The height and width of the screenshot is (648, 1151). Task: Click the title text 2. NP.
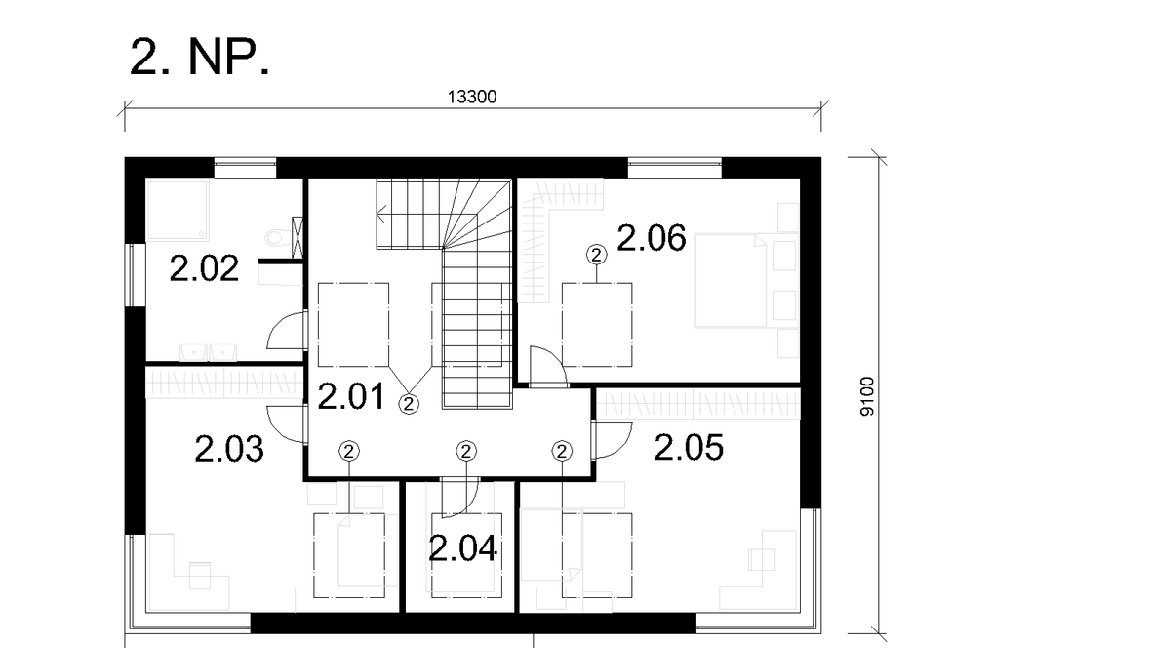click(200, 58)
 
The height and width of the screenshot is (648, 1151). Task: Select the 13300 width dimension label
click(472, 97)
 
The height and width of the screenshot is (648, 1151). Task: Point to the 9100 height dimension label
click(868, 397)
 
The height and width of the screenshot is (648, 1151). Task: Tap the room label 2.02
click(204, 269)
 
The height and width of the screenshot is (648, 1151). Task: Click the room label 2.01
click(351, 397)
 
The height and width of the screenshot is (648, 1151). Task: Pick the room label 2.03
click(229, 449)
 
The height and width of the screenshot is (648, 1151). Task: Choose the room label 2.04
click(462, 548)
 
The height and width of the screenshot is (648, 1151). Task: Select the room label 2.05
click(689, 447)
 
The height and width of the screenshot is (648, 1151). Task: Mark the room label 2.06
click(652, 238)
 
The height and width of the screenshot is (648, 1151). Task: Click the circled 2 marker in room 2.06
click(597, 255)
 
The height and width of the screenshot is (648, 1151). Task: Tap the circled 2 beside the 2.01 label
click(409, 403)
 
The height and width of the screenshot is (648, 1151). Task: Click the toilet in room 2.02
click(278, 237)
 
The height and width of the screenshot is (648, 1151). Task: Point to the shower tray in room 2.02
click(177, 209)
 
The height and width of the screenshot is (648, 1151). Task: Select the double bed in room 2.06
click(731, 280)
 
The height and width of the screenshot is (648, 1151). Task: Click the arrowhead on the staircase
click(381, 215)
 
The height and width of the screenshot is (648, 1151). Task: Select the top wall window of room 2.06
click(675, 168)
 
